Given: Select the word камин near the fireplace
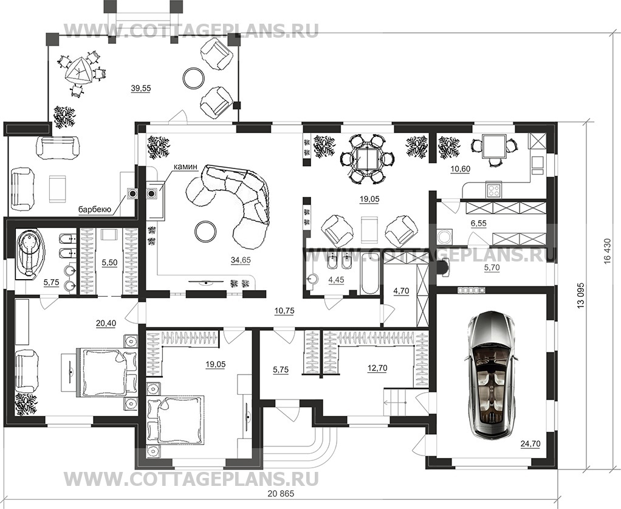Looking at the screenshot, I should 185,166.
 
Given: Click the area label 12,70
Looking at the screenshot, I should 376,367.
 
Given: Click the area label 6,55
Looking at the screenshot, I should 478,223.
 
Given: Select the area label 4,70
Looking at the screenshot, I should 401,290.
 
